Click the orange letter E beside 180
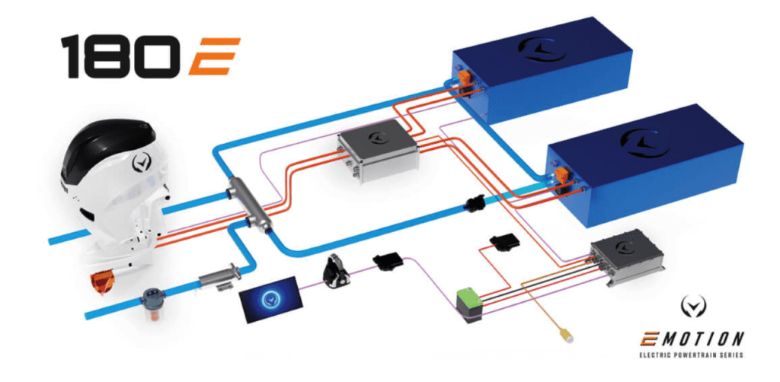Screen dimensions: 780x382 pos(214,56)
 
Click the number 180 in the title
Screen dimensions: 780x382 pos(121,56)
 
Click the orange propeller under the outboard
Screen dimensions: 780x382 pos(101,282)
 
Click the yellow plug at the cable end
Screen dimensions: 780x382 pos(566,336)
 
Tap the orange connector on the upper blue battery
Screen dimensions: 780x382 pos(464,78)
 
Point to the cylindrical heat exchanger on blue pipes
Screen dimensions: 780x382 pos(250,205)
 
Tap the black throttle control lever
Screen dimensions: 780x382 pos(335,271)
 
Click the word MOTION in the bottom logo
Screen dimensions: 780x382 pos(708,339)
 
